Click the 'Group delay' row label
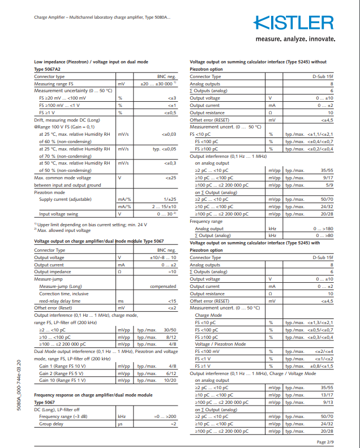click(x=52, y=423)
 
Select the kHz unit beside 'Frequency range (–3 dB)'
click(x=121, y=416)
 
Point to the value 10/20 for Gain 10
click(x=170, y=381)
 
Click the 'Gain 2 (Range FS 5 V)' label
click(x=62, y=373)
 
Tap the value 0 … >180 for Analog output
click(x=323, y=229)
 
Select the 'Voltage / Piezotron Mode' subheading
click(x=220, y=344)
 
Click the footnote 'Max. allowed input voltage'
click(x=63, y=230)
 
